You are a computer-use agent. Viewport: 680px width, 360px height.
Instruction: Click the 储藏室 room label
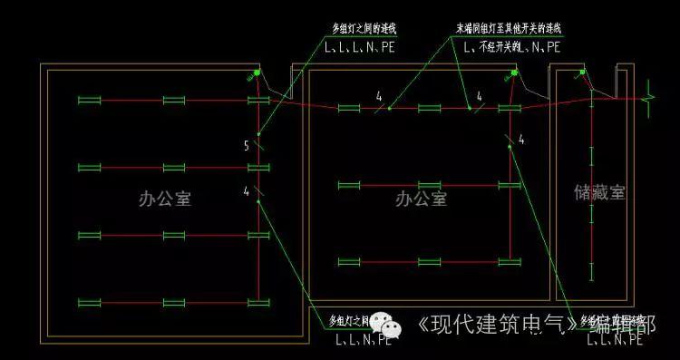pyautogui.click(x=599, y=192)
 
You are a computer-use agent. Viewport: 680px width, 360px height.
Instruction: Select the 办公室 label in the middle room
pyautogui.click(x=421, y=199)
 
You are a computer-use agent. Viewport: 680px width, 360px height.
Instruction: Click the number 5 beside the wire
pyautogui.click(x=247, y=145)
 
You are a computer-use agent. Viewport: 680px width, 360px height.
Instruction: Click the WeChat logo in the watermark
pyautogui.click(x=392, y=324)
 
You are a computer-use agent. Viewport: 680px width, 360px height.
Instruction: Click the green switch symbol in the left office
pyautogui.click(x=258, y=73)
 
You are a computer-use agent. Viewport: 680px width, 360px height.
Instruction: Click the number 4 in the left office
pyautogui.click(x=247, y=190)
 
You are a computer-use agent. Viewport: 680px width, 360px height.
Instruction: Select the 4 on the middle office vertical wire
pyautogui.click(x=521, y=140)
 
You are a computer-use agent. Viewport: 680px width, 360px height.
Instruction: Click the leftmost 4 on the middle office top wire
pyautogui.click(x=379, y=96)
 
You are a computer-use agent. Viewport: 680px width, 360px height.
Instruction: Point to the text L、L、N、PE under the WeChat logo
pyautogui.click(x=363, y=341)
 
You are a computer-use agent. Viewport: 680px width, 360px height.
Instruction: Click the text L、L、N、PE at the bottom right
pyautogui.click(x=617, y=341)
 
